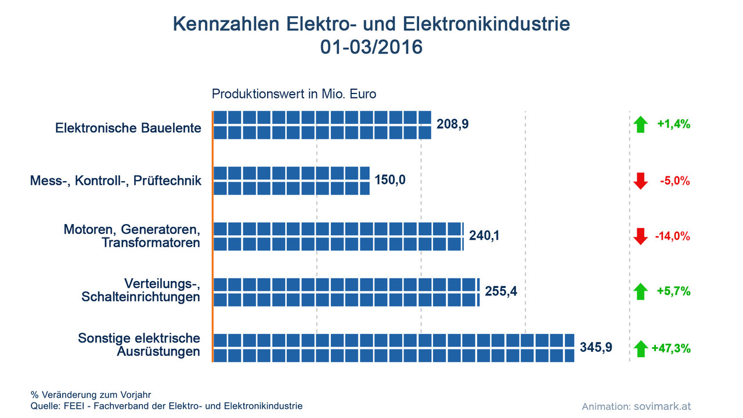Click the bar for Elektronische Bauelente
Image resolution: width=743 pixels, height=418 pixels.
(x=322, y=125)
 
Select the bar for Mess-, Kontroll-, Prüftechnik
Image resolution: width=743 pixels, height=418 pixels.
(x=291, y=181)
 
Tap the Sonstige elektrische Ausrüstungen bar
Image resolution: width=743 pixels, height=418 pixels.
(x=394, y=348)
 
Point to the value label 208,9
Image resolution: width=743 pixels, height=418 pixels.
(x=452, y=124)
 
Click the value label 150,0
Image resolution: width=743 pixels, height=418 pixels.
(x=390, y=180)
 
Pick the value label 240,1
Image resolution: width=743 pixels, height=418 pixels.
(x=484, y=236)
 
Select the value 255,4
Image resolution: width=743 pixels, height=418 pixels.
(x=500, y=291)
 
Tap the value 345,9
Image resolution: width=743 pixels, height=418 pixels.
(x=596, y=347)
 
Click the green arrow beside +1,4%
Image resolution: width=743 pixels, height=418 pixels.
(x=640, y=124)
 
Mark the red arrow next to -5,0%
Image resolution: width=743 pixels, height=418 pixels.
(x=640, y=181)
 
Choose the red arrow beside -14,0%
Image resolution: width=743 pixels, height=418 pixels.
(x=640, y=236)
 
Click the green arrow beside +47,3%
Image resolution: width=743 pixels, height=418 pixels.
(x=640, y=349)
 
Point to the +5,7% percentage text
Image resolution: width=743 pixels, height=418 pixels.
(x=673, y=291)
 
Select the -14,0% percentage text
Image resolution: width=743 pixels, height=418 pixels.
(x=672, y=236)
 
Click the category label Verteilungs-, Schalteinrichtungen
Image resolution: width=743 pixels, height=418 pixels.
(x=141, y=290)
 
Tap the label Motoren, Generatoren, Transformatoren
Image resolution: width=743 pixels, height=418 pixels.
(x=132, y=236)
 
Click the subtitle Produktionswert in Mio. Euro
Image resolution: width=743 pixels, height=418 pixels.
(x=294, y=93)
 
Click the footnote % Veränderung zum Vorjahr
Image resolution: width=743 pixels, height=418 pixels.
(x=91, y=395)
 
